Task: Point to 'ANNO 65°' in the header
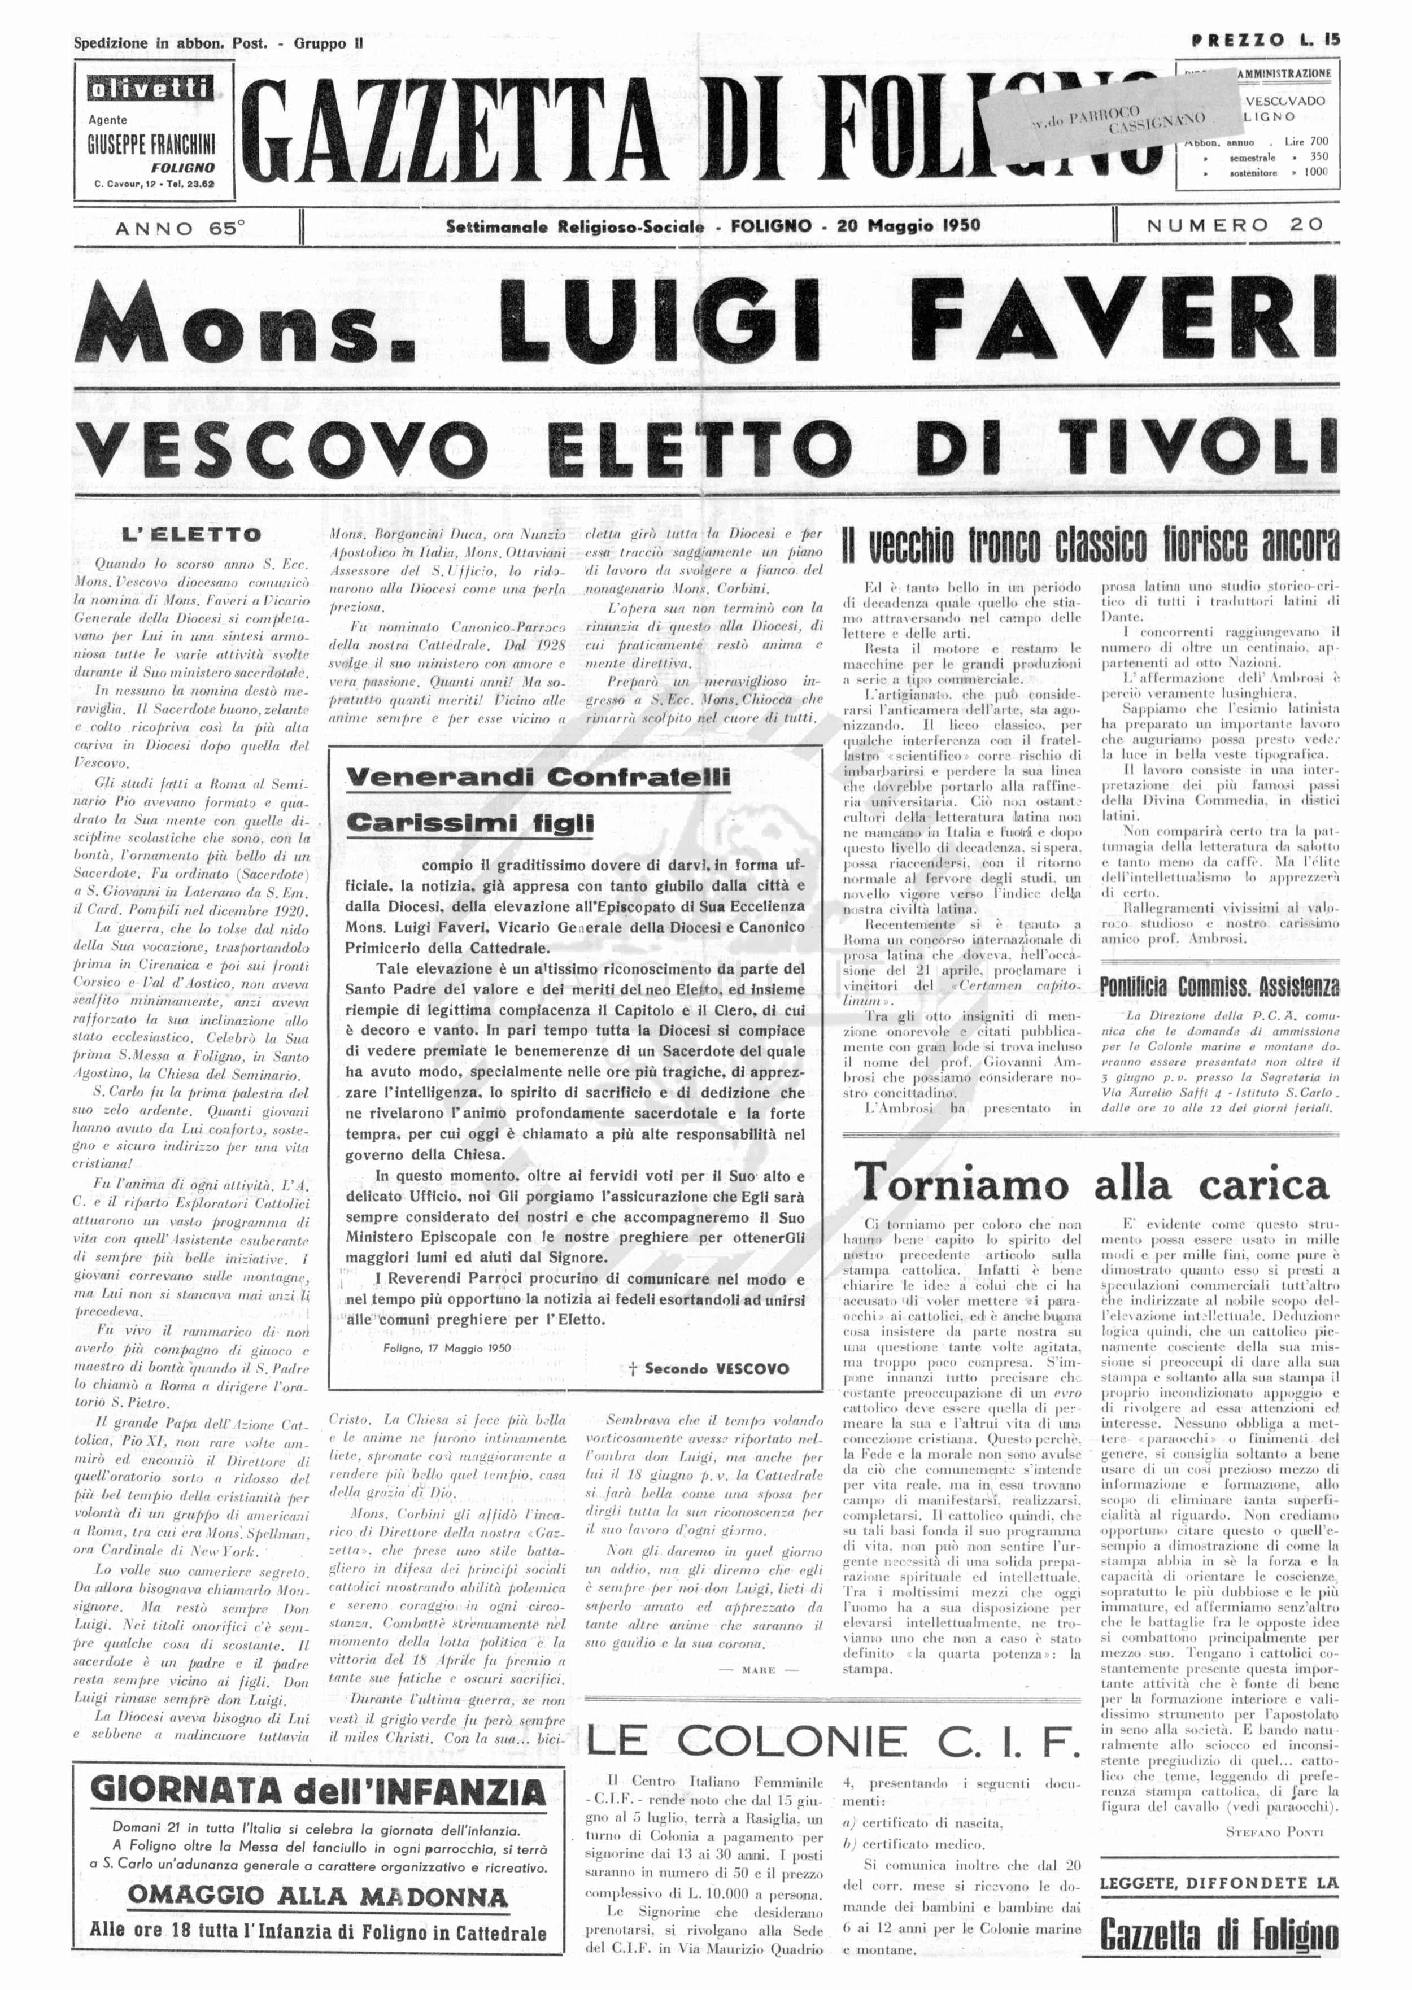(180, 227)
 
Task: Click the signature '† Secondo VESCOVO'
(709, 1368)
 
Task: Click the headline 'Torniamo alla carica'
(1091, 1184)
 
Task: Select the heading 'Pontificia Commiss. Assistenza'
(1219, 987)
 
